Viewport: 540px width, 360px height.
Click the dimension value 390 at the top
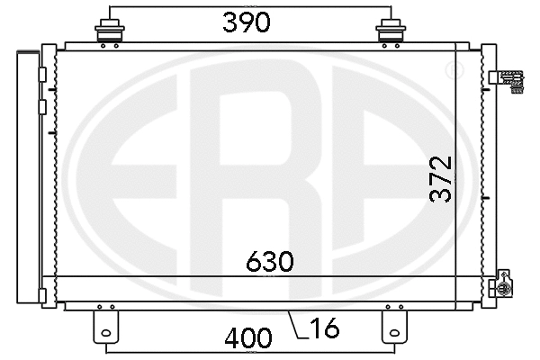tap(247, 22)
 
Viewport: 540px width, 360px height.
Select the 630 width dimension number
tap(271, 262)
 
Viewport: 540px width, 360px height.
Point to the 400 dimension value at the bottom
tap(248, 339)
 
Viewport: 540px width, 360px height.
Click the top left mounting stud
tap(109, 32)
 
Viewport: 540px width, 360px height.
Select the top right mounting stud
tap(390, 32)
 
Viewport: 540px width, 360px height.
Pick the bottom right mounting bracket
tap(393, 324)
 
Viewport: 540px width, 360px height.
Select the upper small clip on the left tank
tap(42, 74)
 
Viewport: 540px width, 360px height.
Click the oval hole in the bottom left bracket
tap(106, 337)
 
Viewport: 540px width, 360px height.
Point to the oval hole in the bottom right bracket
tap(393, 337)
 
